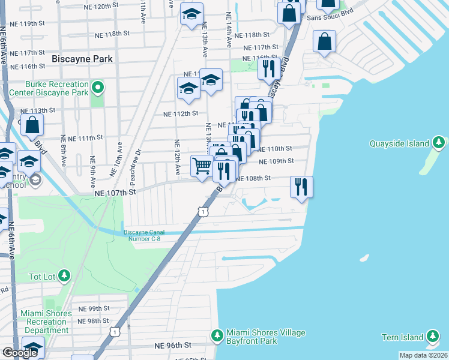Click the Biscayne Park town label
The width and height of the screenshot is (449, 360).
(x=83, y=59)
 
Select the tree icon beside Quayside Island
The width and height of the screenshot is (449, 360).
(x=439, y=143)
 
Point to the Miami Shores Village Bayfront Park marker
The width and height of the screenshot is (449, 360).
(x=217, y=334)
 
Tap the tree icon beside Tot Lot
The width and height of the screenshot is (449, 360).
(x=64, y=276)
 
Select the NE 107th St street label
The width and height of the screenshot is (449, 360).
(x=116, y=193)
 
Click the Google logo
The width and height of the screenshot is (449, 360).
(x=20, y=353)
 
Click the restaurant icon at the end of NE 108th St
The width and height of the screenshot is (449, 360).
(x=301, y=187)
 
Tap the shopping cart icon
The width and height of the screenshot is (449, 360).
(x=202, y=165)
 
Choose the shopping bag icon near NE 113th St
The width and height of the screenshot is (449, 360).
(x=34, y=125)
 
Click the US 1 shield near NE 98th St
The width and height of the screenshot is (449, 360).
(x=114, y=331)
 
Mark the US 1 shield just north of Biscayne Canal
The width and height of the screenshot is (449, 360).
(x=204, y=211)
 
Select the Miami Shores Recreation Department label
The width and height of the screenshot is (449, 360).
(x=45, y=322)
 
